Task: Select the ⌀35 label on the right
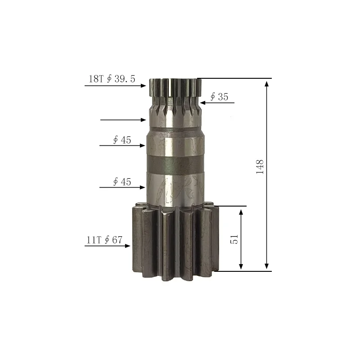pos(219,97)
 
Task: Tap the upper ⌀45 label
pos(121,140)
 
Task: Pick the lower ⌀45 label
pos(121,182)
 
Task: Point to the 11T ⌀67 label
pos(104,240)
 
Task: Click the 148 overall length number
pos(260,166)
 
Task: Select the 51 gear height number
pos(234,239)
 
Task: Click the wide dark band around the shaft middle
pos(174,165)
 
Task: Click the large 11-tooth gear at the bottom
pos(173,241)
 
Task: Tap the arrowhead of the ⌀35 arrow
pos(203,103)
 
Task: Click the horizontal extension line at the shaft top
pos(234,78)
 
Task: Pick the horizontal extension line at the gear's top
pos(232,206)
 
